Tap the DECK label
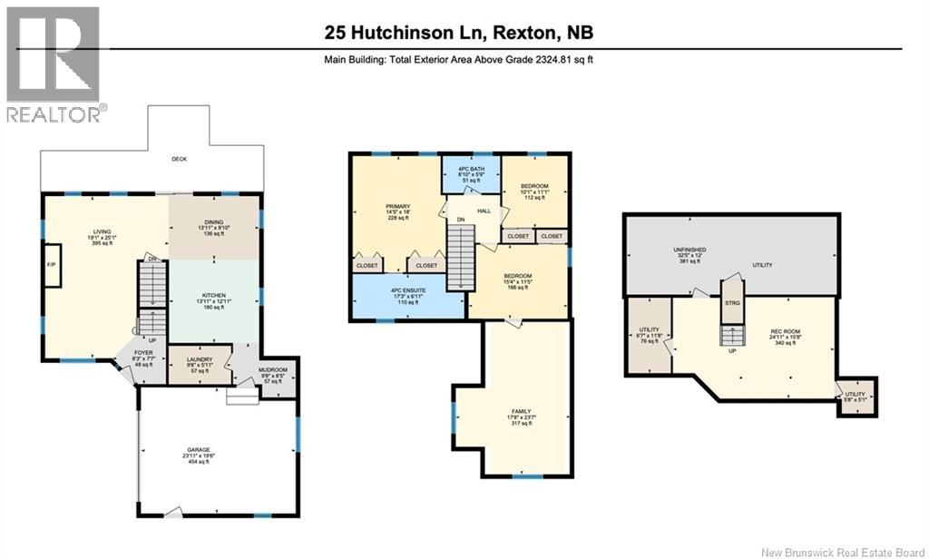click(180, 159)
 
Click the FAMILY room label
click(520, 416)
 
